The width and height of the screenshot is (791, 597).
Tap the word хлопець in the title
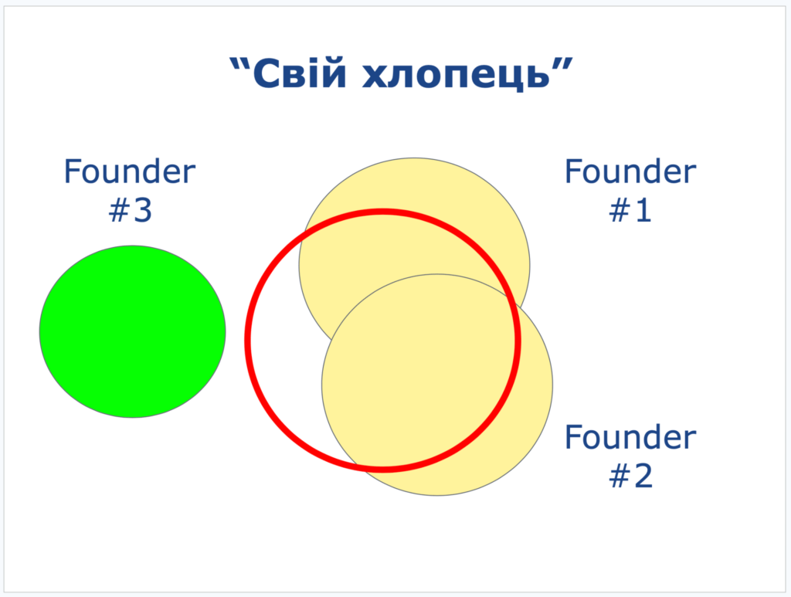click(456, 75)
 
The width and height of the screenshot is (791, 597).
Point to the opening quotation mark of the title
click(239, 65)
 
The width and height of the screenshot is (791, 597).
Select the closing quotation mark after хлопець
click(563, 65)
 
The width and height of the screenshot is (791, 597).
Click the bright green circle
click(133, 331)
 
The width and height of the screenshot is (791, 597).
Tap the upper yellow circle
click(414, 202)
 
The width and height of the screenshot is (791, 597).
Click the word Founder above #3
click(130, 171)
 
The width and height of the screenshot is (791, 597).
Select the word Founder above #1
click(630, 171)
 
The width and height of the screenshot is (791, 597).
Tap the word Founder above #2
click(630, 436)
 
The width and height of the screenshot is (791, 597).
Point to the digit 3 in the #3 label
click(142, 210)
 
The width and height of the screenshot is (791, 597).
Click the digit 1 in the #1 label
click(643, 210)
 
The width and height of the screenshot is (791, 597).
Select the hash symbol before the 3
click(118, 210)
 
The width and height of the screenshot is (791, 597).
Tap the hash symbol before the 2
click(619, 475)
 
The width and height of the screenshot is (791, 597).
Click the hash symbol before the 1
click(620, 210)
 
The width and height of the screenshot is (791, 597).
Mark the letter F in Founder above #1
click(573, 171)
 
